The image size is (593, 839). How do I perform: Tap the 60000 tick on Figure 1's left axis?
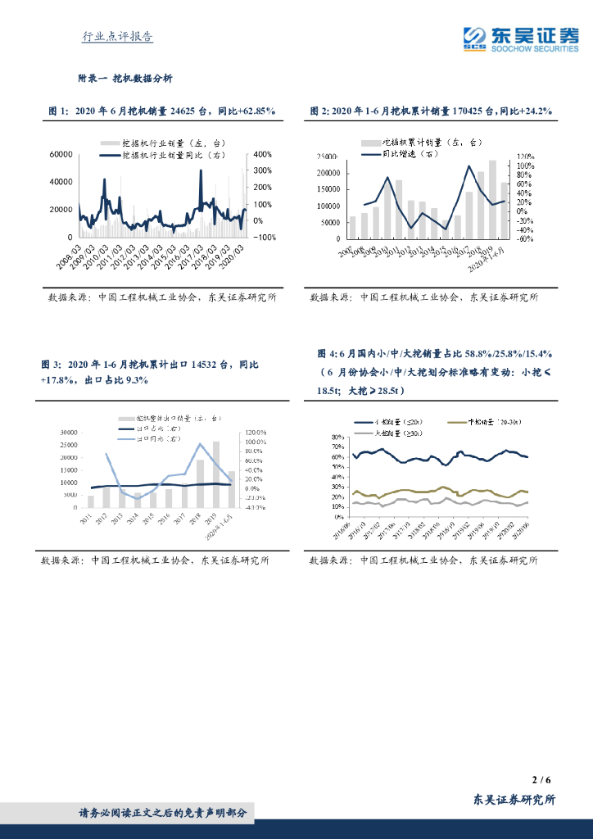62,154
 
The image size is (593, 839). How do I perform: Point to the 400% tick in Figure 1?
263,154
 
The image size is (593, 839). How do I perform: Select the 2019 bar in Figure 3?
216,474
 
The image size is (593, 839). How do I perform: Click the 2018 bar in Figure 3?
200,483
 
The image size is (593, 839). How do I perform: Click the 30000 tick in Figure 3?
65,432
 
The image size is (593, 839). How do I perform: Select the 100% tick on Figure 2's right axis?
524,166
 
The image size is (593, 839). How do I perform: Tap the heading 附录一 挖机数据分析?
125,79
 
